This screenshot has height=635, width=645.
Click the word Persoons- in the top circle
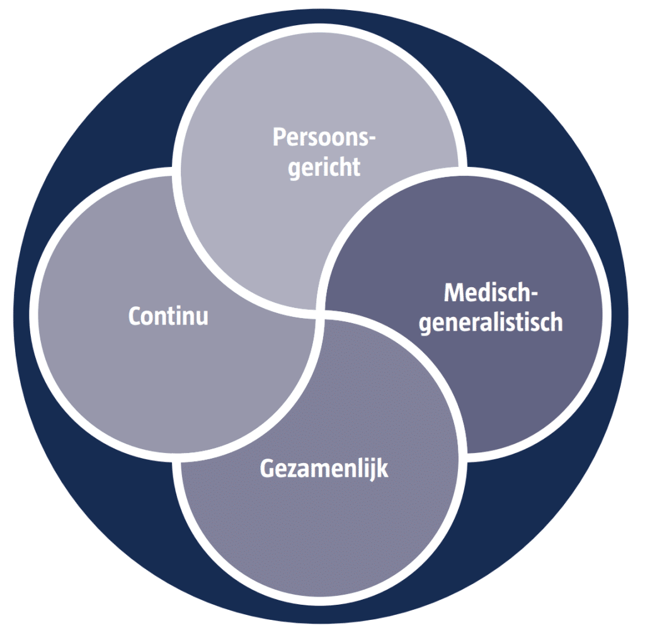[x=323, y=138]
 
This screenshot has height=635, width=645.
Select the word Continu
[x=168, y=316]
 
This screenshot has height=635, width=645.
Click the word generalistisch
[x=491, y=323]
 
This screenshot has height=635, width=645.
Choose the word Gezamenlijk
[x=324, y=469]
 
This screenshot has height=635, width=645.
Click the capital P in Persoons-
[x=280, y=137]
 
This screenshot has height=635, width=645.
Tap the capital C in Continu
[x=135, y=316]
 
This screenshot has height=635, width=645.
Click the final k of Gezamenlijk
[x=382, y=469]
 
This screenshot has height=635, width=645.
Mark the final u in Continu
[x=202, y=317]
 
